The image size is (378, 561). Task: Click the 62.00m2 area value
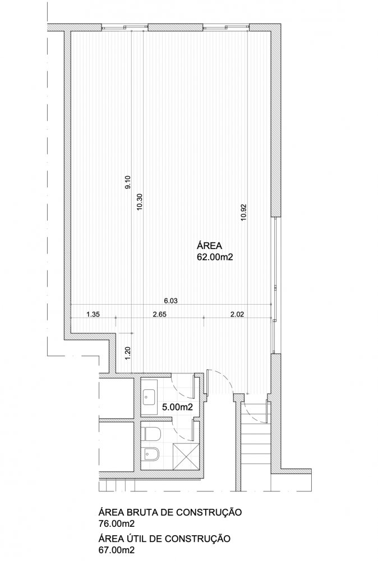pyautogui.click(x=215, y=257)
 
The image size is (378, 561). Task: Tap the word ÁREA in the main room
pyautogui.click(x=209, y=246)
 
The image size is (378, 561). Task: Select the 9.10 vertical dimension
pyautogui.click(x=128, y=182)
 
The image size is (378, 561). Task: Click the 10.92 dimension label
pyautogui.click(x=244, y=213)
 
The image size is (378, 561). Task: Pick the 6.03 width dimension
pyautogui.click(x=170, y=301)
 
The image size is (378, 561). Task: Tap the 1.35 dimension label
pyautogui.click(x=93, y=315)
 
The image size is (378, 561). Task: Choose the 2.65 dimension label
pyautogui.click(x=159, y=315)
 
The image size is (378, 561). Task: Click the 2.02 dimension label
pyautogui.click(x=237, y=315)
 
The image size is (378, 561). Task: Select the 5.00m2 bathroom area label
pyautogui.click(x=177, y=407)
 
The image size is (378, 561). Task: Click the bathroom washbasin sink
pyautogui.click(x=149, y=397)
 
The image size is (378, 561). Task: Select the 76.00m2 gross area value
pyautogui.click(x=117, y=524)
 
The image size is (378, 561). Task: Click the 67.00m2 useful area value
pyautogui.click(x=117, y=550)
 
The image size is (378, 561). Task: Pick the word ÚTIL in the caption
pyautogui.click(x=138, y=538)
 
